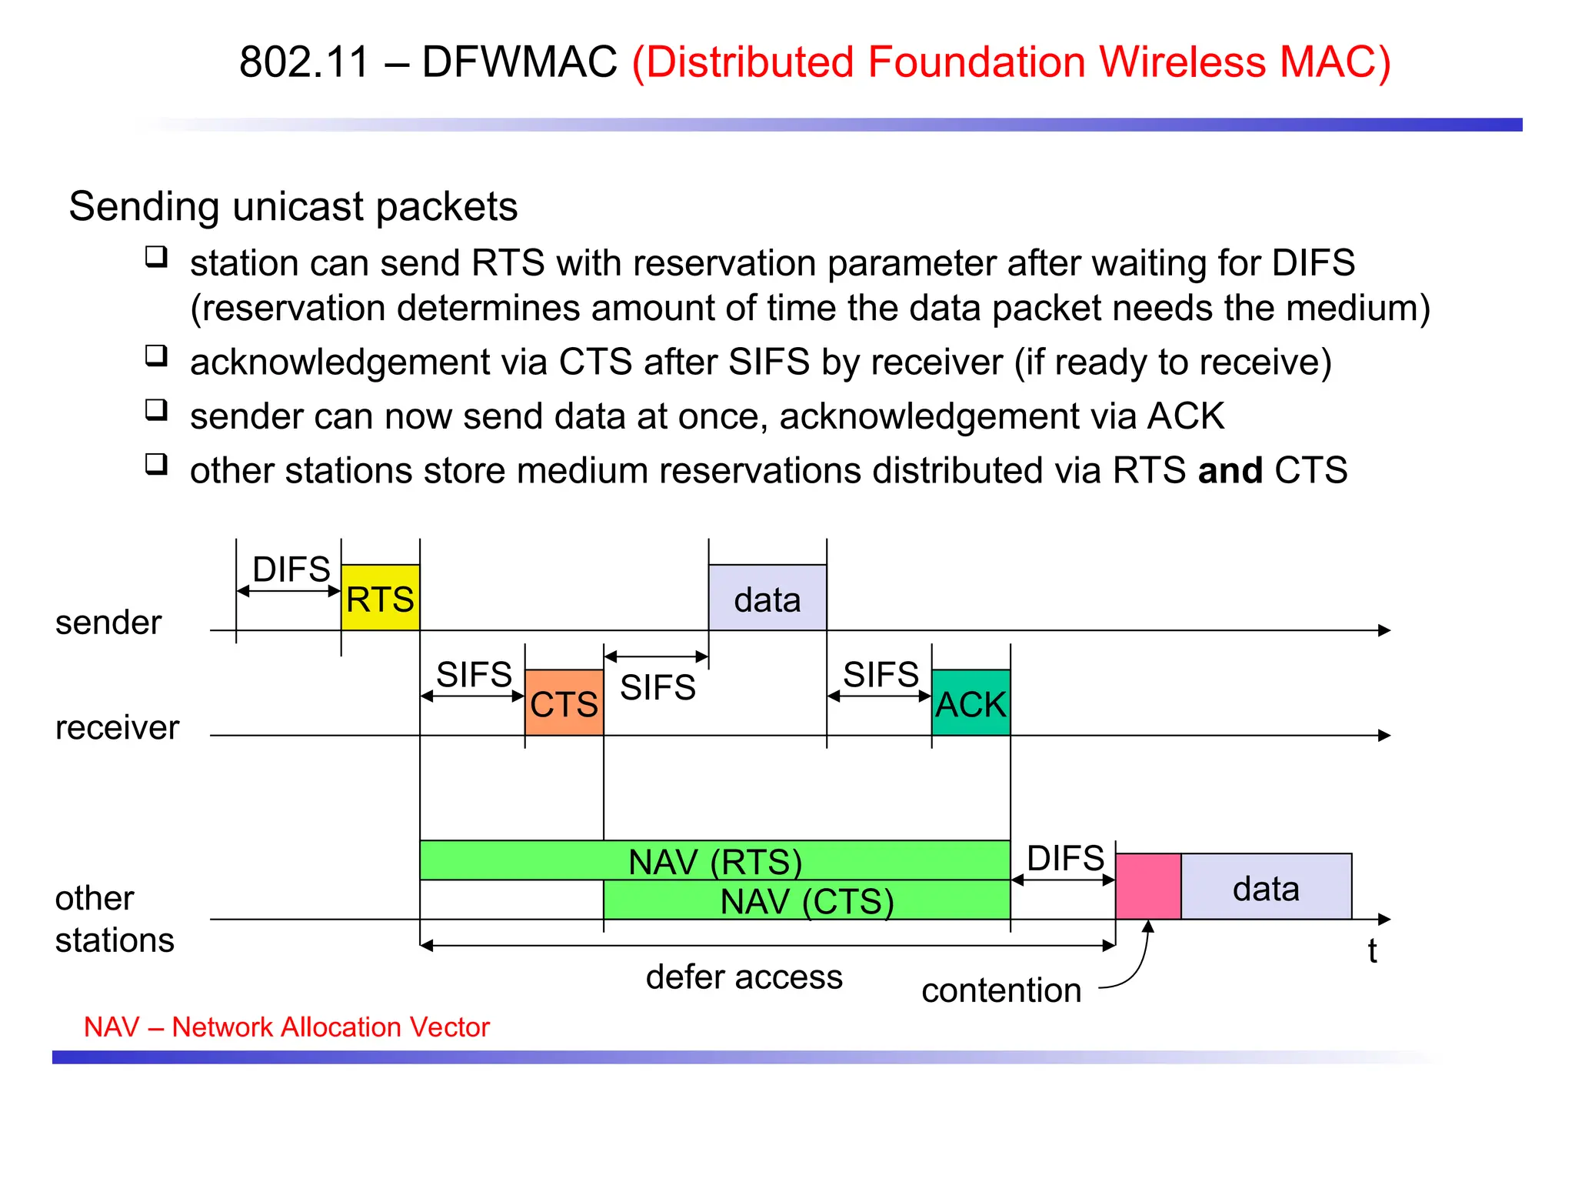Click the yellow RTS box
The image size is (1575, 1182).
[380, 598]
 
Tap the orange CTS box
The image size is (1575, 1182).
[564, 703]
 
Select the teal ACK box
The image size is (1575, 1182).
[971, 703]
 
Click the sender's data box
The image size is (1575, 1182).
[767, 598]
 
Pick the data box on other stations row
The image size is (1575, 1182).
[1266, 886]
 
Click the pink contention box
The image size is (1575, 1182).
[1147, 886]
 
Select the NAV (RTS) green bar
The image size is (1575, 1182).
[714, 860]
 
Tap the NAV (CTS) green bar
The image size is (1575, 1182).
[807, 900]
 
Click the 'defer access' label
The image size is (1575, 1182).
[744, 977]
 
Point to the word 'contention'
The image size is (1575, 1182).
[1001, 990]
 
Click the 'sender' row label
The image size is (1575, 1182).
[108, 622]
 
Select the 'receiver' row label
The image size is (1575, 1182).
[117, 727]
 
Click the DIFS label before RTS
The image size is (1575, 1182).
[291, 569]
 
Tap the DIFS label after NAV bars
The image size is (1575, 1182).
[1065, 857]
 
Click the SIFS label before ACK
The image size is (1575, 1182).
[881, 674]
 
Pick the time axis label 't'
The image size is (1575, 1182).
[1372, 951]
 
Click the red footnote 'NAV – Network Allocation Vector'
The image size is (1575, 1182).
[286, 1027]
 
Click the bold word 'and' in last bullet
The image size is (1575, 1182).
[1230, 469]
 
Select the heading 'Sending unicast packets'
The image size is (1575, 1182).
[293, 206]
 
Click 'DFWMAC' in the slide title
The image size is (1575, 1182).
[519, 62]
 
